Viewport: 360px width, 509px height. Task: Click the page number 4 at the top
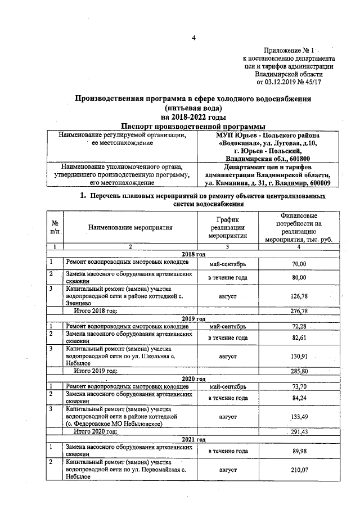pos(193,38)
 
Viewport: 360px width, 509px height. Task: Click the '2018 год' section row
pos(193,254)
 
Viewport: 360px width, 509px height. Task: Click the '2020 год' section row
pos(193,379)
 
